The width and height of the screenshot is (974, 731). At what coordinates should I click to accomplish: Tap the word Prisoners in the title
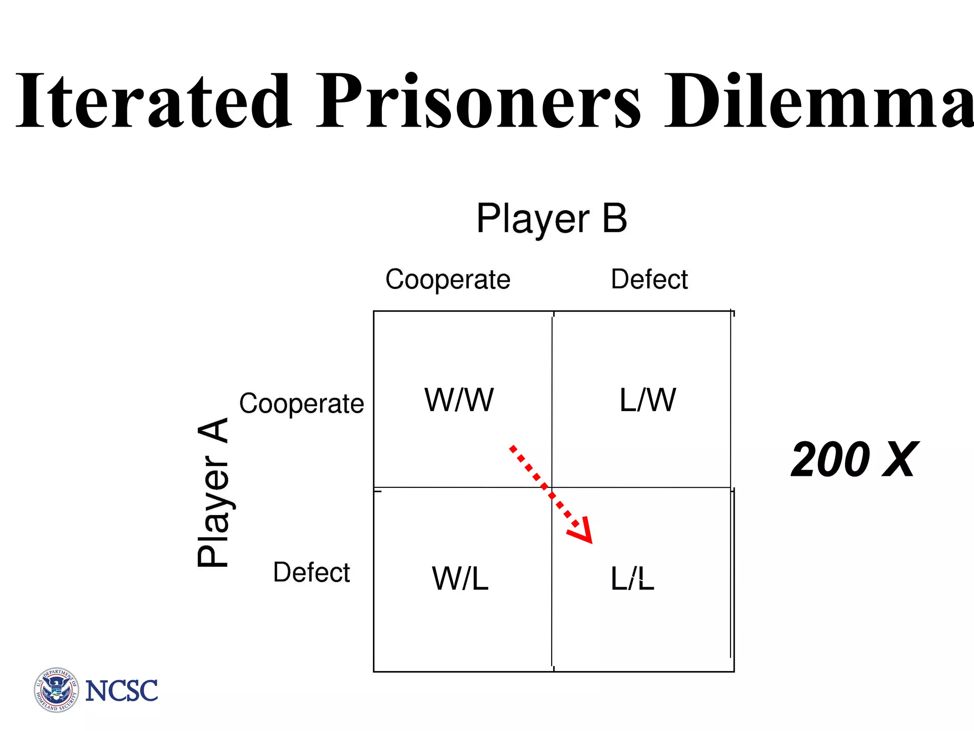(478, 101)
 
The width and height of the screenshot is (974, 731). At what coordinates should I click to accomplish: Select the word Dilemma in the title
(818, 101)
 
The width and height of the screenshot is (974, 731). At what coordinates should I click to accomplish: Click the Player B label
(552, 219)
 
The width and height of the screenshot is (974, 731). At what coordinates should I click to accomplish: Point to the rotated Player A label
(213, 492)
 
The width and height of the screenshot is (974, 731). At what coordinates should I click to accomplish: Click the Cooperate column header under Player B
(448, 279)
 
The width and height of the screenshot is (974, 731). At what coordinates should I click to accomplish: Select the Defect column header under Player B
(649, 279)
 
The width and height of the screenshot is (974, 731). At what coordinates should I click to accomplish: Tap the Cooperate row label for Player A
(302, 404)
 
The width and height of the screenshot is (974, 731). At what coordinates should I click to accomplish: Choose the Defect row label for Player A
(312, 572)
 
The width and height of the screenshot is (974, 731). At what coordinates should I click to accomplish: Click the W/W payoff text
(459, 400)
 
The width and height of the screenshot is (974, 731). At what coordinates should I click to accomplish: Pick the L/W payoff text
(647, 400)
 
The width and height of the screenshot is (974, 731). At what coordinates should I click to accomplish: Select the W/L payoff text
(460, 579)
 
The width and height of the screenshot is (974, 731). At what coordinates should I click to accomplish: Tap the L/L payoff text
(632, 579)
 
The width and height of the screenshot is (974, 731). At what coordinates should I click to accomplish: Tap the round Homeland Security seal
(57, 690)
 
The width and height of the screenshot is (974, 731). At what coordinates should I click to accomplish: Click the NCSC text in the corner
(121, 691)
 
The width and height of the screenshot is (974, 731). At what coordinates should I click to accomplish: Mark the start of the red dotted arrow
(512, 448)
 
